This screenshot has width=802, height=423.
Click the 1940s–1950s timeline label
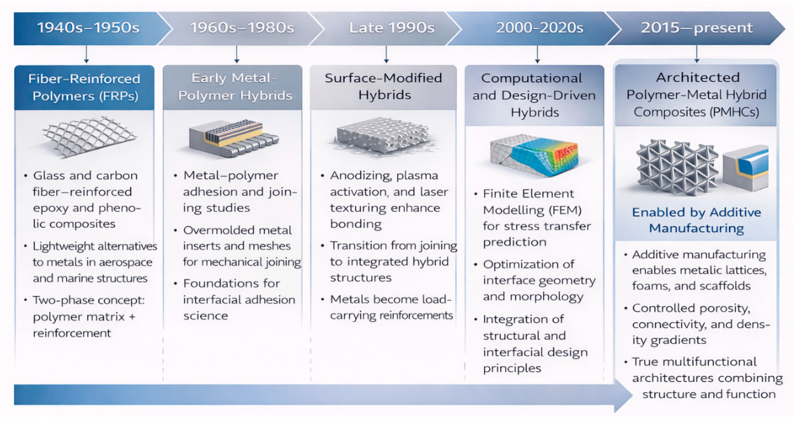[88, 28]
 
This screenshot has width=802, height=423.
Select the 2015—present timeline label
[696, 28]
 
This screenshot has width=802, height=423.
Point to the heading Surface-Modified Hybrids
[383, 86]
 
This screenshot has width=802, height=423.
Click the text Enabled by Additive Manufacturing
[696, 220]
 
